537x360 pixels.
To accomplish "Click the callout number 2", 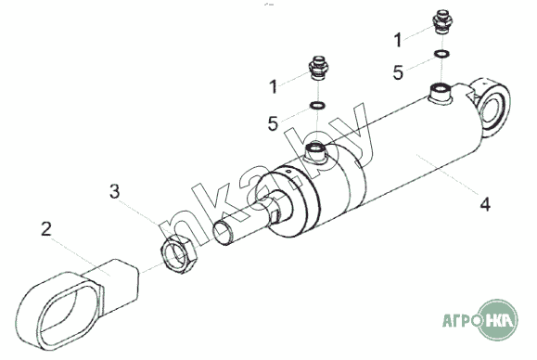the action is click(x=46, y=229).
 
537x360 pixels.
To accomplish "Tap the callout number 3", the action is click(x=115, y=191).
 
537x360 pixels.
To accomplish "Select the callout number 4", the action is click(x=485, y=204).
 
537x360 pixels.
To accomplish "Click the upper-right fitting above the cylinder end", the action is click(x=442, y=21).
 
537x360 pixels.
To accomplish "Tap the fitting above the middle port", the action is click(x=318, y=68).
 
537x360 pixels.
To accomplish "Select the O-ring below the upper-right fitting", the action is click(x=442, y=54).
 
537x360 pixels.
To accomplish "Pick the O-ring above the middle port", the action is click(x=317, y=105).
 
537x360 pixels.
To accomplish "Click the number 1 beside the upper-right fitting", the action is click(x=398, y=40).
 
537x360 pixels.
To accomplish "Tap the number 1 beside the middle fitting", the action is click(x=273, y=86).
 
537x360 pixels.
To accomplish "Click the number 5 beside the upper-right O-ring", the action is click(x=398, y=73).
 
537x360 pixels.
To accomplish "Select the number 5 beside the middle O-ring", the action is click(x=273, y=123).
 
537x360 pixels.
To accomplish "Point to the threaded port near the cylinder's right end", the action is click(x=441, y=93).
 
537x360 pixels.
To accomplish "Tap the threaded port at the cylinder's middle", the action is click(x=315, y=153).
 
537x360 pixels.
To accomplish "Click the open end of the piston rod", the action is click(x=223, y=233).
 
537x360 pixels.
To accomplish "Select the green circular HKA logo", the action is click(x=498, y=319).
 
